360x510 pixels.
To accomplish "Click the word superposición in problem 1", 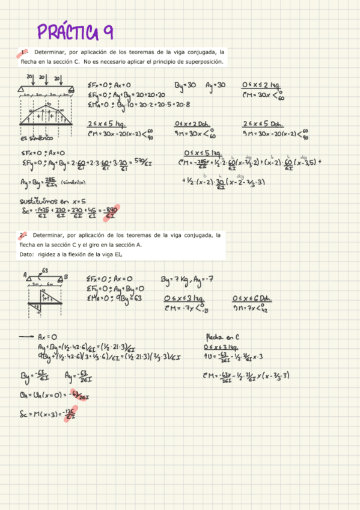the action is [203, 62].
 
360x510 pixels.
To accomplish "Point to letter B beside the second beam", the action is [66, 277].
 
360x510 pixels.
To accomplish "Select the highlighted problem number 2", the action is [22, 235].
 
